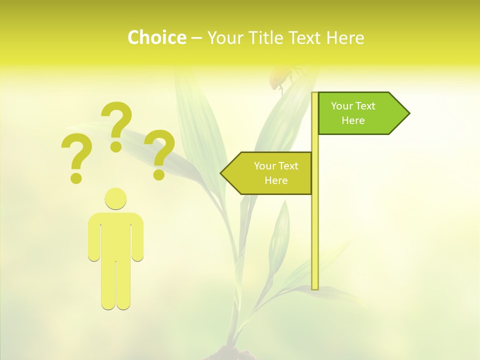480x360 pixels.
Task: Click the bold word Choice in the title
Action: [156, 37]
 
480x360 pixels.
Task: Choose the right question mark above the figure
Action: [159, 154]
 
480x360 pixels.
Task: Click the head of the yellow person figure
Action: [115, 198]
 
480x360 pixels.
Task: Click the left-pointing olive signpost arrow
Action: [270, 173]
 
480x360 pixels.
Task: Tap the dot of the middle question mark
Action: [116, 146]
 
